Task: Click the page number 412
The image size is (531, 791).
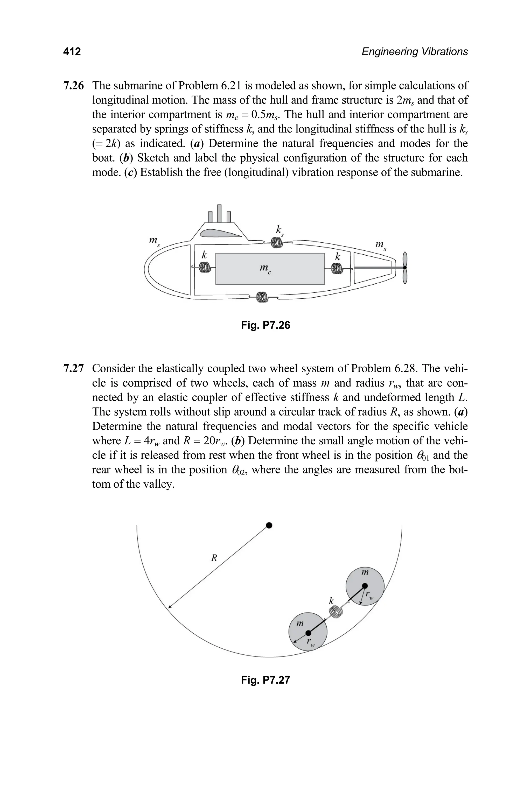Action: [x=72, y=52]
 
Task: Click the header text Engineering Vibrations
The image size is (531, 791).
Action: [x=415, y=52]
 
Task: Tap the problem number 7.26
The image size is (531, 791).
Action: [x=73, y=86]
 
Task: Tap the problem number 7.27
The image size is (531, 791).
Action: [x=73, y=368]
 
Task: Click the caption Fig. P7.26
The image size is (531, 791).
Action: [x=265, y=325]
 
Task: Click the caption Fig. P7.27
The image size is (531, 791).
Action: [x=265, y=680]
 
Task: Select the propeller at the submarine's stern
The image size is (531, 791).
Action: [x=405, y=268]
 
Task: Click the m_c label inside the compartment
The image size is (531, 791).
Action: [x=265, y=269]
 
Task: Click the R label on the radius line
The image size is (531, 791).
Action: [x=214, y=558]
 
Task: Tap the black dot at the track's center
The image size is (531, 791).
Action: [x=269, y=525]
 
